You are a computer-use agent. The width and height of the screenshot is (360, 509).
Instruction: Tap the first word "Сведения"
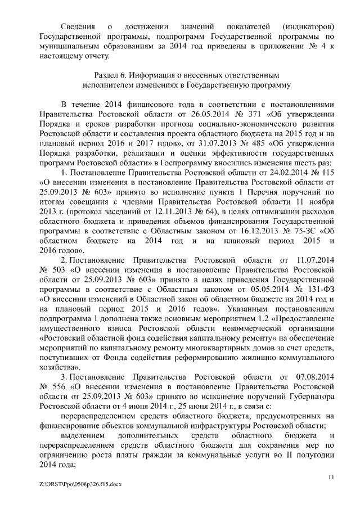77,26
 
